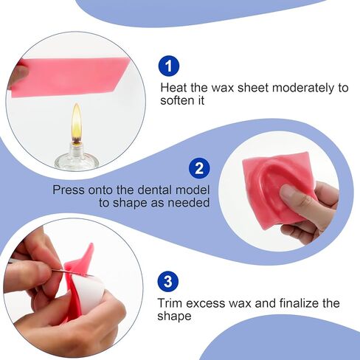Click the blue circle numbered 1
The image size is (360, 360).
point(169,66)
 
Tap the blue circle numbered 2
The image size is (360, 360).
point(198,168)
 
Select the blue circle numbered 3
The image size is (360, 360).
point(168,281)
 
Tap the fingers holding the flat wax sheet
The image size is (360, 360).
point(18,74)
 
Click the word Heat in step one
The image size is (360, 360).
point(174,88)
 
